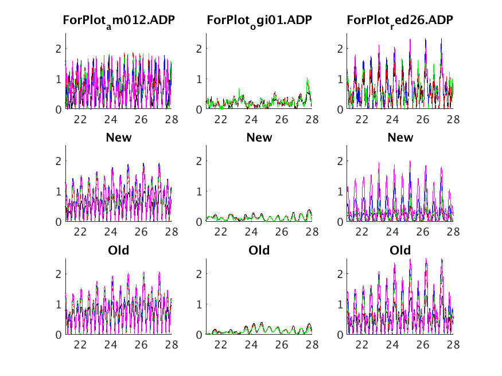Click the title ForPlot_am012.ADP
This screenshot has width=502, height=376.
point(119,21)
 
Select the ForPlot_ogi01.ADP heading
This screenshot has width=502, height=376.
point(259,21)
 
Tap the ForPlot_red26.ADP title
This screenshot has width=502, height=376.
point(400,21)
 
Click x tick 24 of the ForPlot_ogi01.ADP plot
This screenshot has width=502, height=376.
point(251,120)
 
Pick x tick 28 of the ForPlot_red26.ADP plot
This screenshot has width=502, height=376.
point(453,120)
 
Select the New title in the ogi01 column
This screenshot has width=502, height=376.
point(259,138)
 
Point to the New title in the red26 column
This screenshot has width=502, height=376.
point(400,138)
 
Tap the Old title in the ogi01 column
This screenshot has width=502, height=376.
point(259,250)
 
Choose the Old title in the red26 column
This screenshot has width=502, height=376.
point(400,250)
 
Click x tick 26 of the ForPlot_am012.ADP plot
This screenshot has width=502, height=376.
point(141,120)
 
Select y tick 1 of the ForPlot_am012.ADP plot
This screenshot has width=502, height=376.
point(59,79)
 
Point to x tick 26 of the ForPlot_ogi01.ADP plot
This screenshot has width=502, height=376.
point(281,120)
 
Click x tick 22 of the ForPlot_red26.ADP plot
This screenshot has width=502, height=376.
point(362,120)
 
